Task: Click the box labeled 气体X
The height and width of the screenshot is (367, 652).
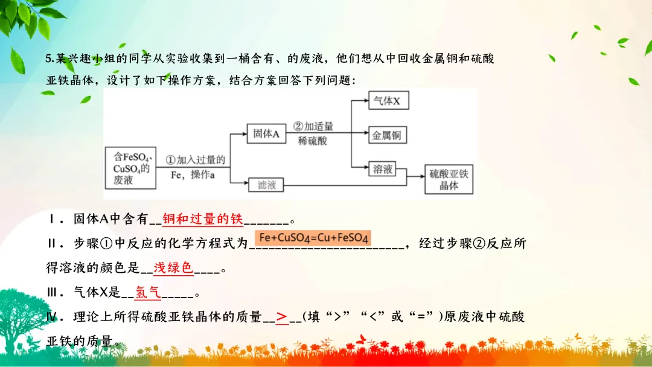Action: [388, 101]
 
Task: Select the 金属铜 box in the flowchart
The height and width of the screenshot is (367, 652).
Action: [386, 135]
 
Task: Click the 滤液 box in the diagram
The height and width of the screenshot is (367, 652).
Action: [266, 185]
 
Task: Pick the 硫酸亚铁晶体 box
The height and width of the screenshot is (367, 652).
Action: [449, 179]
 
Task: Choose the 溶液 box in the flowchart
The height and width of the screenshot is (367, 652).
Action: [383, 170]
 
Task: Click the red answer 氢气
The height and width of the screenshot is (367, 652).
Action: [148, 293]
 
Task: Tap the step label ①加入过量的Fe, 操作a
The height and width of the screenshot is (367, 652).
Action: [194, 167]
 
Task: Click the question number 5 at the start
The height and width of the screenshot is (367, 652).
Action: [49, 59]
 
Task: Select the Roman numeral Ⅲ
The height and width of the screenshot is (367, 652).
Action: [54, 293]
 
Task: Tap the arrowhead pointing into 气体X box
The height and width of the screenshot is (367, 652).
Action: [365, 101]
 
